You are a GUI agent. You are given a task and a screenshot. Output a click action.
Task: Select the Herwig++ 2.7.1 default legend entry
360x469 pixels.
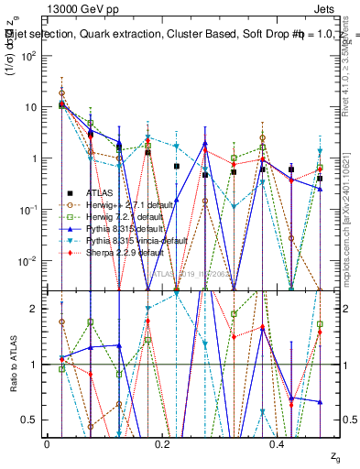pyautogui.click(x=123, y=204)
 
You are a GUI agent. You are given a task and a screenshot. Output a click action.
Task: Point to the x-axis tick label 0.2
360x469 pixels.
pyautogui.click(x=162, y=442)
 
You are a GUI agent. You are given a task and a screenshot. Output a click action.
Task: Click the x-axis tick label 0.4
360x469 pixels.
pyautogui.click(x=278, y=442)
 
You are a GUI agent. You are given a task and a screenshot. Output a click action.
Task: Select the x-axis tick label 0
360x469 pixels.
pyautogui.click(x=47, y=442)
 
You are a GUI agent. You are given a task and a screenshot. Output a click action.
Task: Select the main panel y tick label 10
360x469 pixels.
pyautogui.click(x=30, y=107)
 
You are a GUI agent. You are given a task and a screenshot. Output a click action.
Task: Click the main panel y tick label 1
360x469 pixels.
pyautogui.click(x=35, y=158)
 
